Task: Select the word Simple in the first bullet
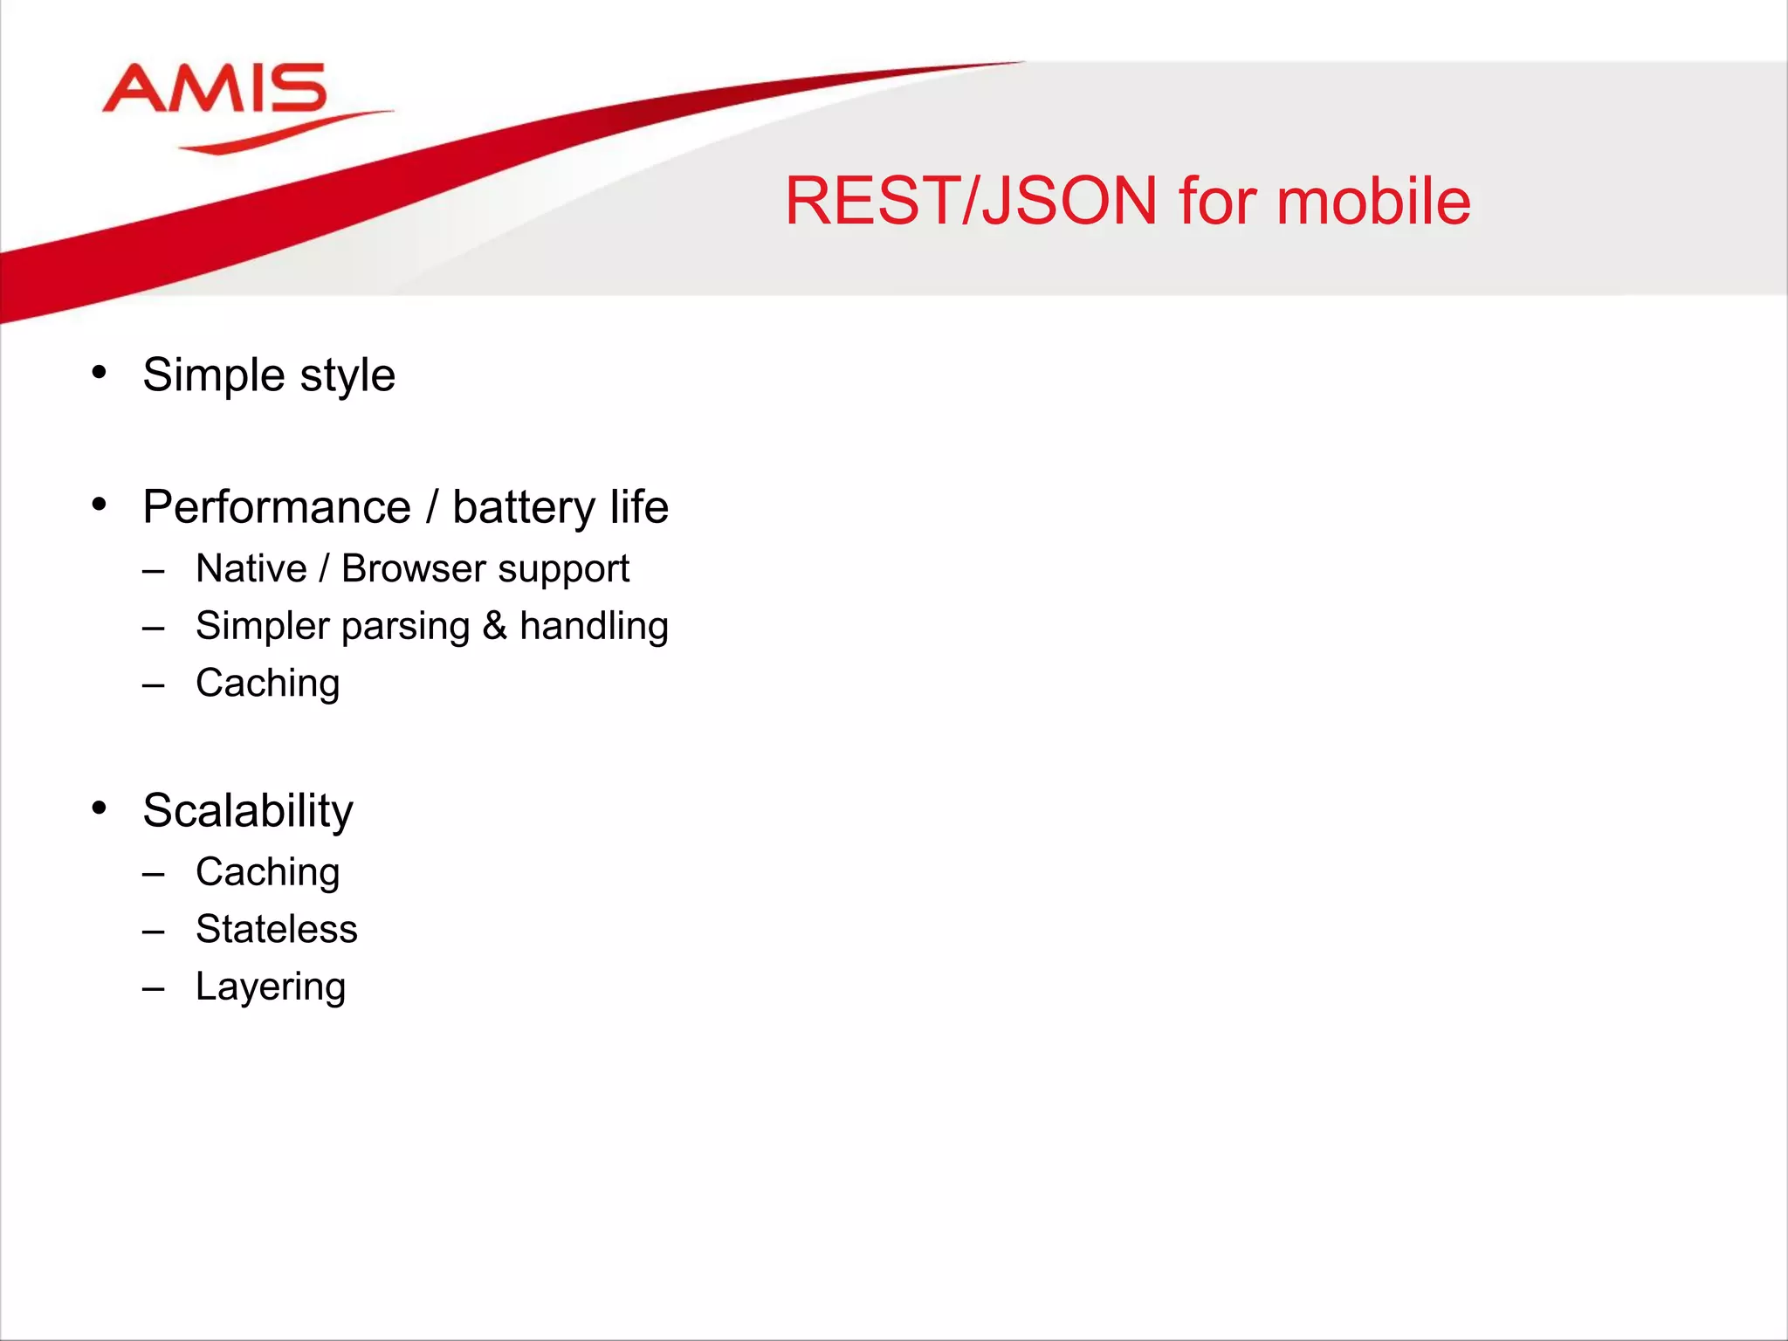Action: click(x=214, y=375)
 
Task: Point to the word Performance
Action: click(x=277, y=508)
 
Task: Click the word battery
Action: click(x=523, y=508)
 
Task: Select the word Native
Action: click(x=251, y=568)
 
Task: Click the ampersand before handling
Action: click(x=494, y=626)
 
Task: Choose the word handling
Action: click(x=594, y=626)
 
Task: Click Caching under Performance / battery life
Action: click(x=267, y=684)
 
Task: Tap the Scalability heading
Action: click(x=248, y=812)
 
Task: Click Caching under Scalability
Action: click(x=267, y=872)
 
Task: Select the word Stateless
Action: click(x=276, y=929)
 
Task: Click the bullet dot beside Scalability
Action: click(x=100, y=808)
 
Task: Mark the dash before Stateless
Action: click(x=154, y=932)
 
